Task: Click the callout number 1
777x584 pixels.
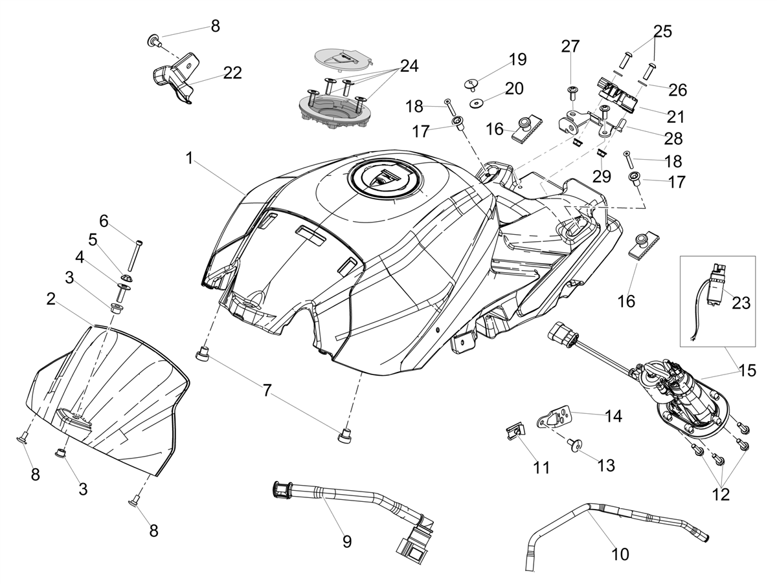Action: (190, 158)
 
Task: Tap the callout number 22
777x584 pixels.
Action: (232, 73)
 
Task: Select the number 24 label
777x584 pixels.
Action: (409, 66)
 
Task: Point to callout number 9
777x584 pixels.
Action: (347, 542)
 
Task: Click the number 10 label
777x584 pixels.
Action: (620, 554)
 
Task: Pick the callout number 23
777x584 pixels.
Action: (741, 303)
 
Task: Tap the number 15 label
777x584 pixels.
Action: (747, 371)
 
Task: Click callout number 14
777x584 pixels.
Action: (613, 416)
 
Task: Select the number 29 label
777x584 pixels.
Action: (602, 177)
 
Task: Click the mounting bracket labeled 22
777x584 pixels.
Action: (174, 78)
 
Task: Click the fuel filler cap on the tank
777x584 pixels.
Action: (385, 180)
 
